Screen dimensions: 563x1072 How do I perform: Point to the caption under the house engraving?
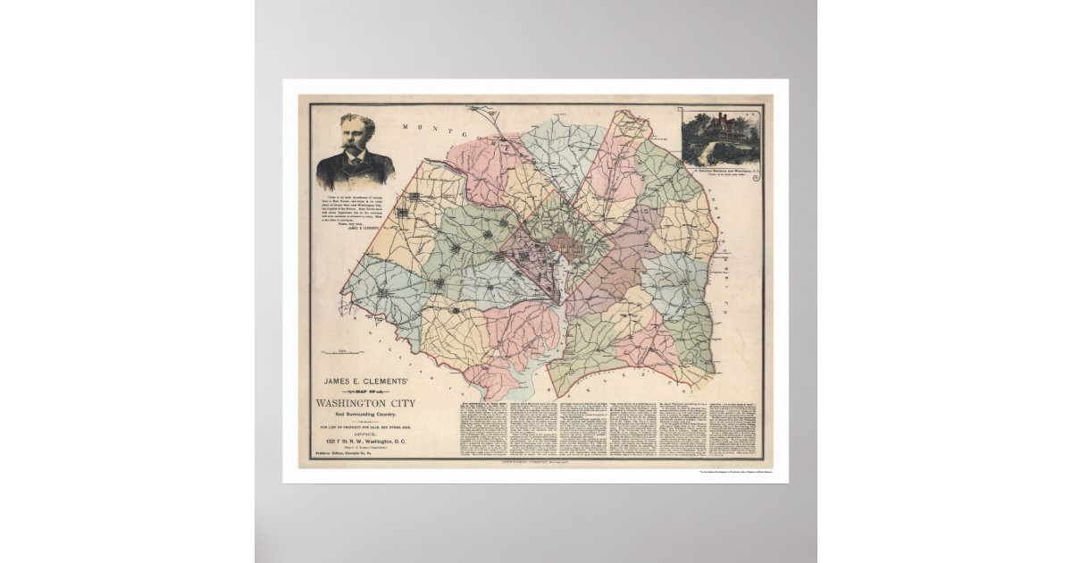point(723,166)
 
